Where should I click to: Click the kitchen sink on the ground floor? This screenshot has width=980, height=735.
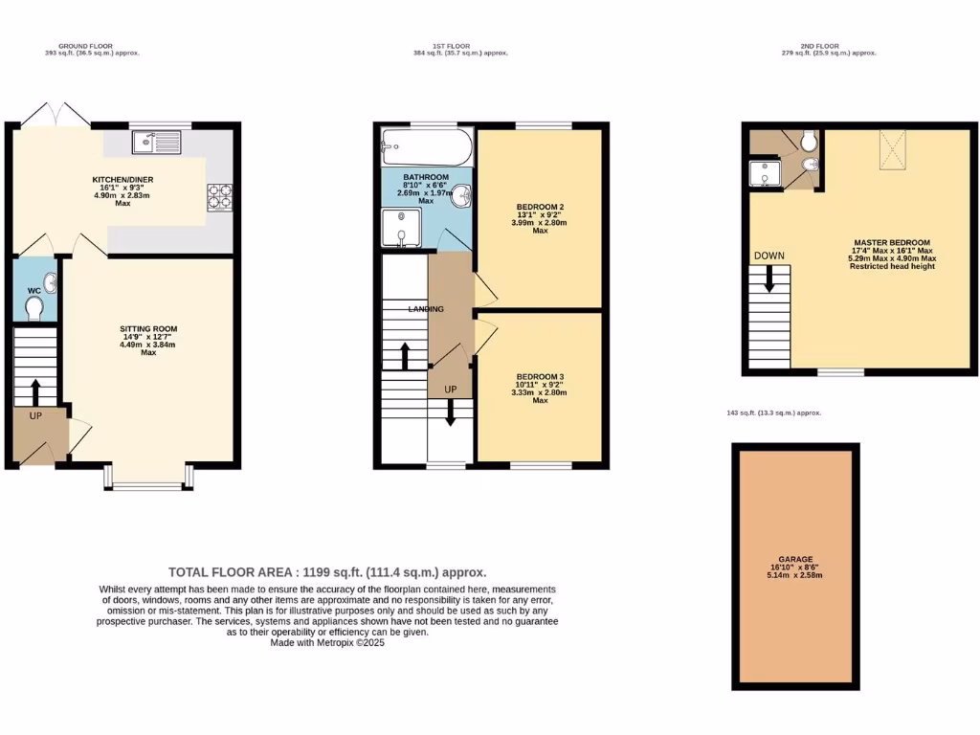point(153,142)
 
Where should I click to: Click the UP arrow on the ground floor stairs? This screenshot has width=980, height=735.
point(36,391)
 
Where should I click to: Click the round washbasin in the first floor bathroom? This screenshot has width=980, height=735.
point(462,195)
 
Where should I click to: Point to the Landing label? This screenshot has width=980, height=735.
point(426,309)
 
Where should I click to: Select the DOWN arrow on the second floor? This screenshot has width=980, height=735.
point(768,280)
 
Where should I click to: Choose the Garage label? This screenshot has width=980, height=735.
point(794,559)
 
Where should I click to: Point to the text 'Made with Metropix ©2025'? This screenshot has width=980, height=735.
point(327,643)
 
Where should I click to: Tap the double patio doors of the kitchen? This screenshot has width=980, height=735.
point(56,114)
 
